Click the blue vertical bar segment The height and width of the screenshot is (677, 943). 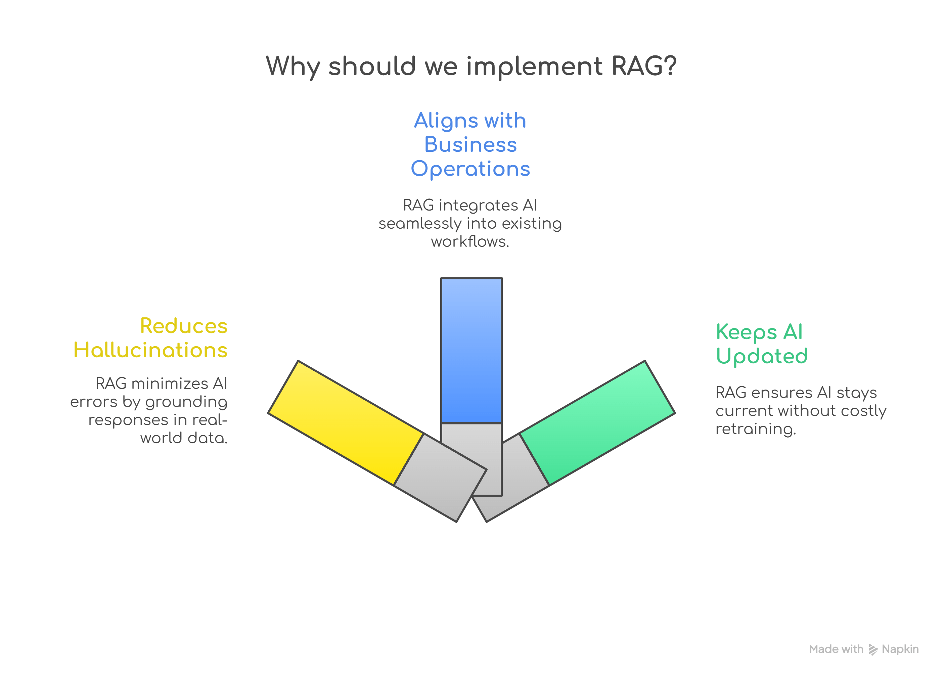471,350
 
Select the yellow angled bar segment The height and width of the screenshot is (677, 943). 346,422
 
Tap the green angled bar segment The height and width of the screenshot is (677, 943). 597,422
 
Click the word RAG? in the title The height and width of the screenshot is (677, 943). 644,66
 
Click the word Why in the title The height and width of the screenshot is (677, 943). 293,67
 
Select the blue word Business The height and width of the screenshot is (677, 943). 470,145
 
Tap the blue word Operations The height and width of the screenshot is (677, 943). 470,169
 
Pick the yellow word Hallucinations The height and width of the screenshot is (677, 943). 150,350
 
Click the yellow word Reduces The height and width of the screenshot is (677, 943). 183,326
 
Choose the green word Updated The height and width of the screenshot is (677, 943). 762,356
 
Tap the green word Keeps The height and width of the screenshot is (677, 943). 746,332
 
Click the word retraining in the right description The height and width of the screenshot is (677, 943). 755,429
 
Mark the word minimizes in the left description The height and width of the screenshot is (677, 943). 170,383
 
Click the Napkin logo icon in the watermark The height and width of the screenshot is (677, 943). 873,650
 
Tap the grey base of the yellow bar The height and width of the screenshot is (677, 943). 440,478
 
